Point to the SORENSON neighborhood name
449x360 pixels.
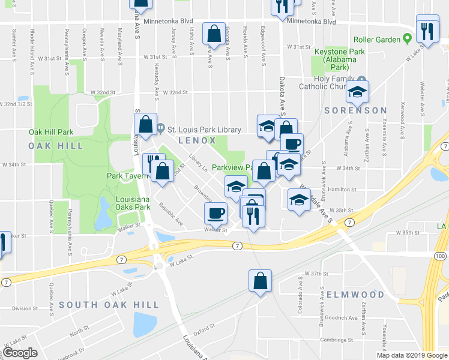355,110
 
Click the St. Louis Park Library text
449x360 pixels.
204,130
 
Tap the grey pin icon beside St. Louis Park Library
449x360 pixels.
161,128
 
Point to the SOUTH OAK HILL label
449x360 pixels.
109,305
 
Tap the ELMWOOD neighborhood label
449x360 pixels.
355,295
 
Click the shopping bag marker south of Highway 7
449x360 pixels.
261,281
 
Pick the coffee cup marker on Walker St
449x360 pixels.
216,214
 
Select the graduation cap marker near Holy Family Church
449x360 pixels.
357,92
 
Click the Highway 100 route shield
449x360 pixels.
441,256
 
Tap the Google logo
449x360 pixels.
20,352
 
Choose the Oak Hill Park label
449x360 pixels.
50,132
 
